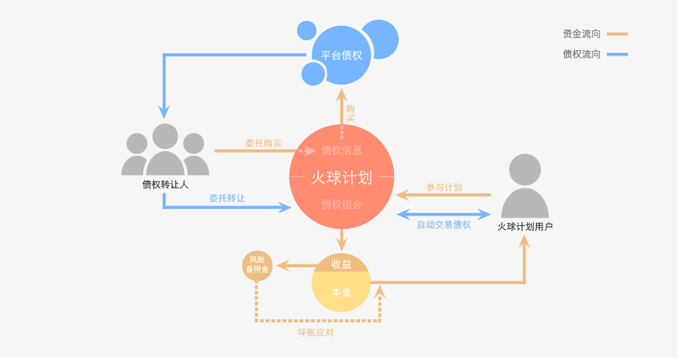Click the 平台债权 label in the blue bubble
(x=342, y=56)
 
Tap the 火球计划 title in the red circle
(x=342, y=178)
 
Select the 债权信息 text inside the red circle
(x=342, y=150)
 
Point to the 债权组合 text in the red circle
(x=342, y=204)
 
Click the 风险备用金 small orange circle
(x=258, y=265)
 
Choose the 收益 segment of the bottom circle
(x=342, y=264)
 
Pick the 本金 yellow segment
(x=342, y=292)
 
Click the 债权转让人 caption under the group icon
(x=165, y=184)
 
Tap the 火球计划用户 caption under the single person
(x=525, y=226)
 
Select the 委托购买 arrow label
(x=263, y=144)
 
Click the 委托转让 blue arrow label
(x=226, y=199)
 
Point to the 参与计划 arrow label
(x=444, y=187)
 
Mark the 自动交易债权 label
(x=443, y=225)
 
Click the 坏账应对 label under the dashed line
(x=316, y=332)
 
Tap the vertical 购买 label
(x=351, y=113)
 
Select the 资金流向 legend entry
(x=582, y=34)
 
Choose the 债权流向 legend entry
(x=582, y=54)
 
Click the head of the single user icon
(x=525, y=169)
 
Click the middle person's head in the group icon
(x=165, y=136)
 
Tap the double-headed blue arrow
(x=443, y=214)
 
